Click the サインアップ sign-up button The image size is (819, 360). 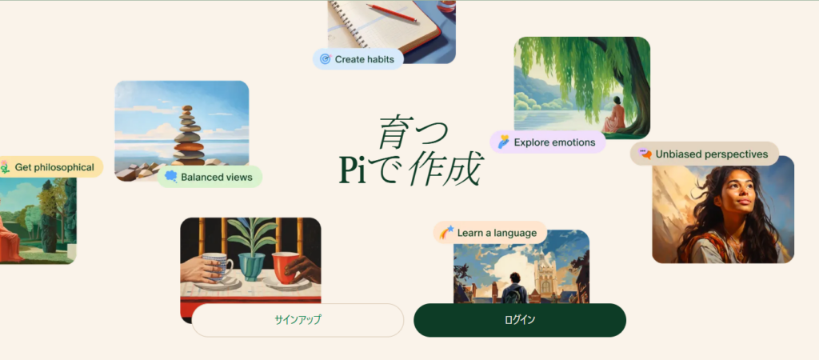[x=298, y=320]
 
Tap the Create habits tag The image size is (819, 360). [x=358, y=59]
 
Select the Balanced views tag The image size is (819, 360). [x=210, y=177]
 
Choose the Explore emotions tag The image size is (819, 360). [x=547, y=142]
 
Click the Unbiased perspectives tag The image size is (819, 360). [x=704, y=154]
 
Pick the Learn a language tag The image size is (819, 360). [x=490, y=233]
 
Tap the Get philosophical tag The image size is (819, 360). [x=50, y=167]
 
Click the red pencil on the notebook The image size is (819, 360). [x=391, y=13]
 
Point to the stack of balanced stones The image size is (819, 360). [x=189, y=136]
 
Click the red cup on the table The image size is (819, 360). [x=285, y=267]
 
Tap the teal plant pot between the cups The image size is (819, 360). [x=252, y=267]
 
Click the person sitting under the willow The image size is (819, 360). [x=613, y=115]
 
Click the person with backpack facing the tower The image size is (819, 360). [x=514, y=289]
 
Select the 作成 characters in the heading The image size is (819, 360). [x=444, y=170]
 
